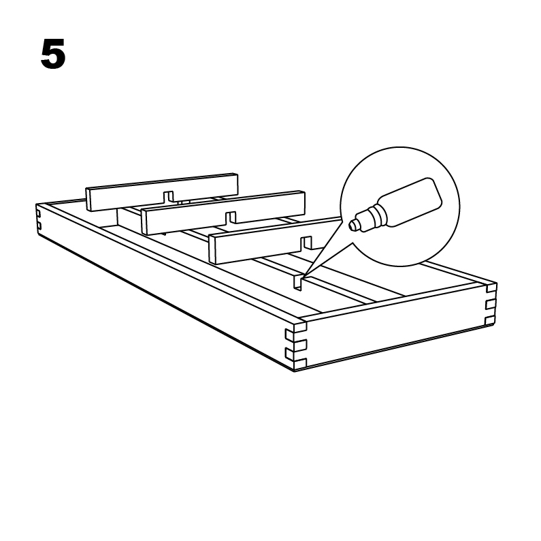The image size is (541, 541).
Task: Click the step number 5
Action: tap(53, 54)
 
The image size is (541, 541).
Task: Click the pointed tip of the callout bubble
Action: tap(302, 279)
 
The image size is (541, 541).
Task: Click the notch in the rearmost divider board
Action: tap(168, 196)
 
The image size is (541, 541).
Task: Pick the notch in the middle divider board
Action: tap(231, 217)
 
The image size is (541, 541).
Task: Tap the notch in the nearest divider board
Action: tap(306, 243)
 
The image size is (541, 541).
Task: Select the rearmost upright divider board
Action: tap(162, 191)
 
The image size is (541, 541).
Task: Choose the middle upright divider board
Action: tap(224, 212)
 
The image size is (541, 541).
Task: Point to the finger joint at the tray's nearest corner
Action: tap(296, 345)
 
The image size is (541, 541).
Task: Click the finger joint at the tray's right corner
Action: tap(490, 305)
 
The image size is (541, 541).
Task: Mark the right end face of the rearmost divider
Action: tap(236, 185)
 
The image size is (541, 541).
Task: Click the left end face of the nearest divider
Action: tap(212, 249)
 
